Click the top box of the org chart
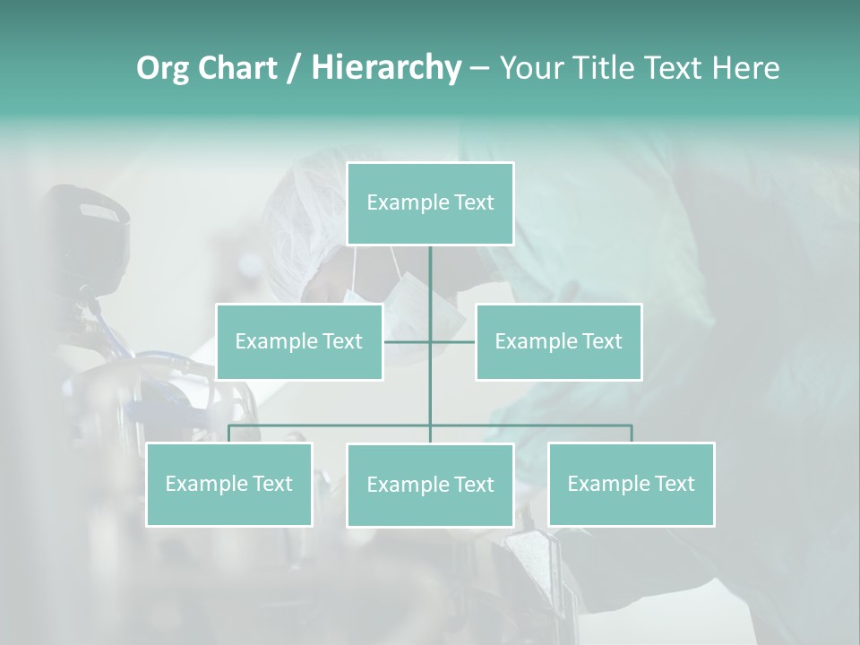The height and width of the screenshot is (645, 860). [x=430, y=203]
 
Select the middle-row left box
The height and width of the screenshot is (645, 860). [x=299, y=341]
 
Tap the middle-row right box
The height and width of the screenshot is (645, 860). [x=558, y=341]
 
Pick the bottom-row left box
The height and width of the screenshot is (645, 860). [x=229, y=484]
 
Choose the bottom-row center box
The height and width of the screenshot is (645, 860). [x=430, y=485]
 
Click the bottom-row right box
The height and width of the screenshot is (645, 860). [x=631, y=484]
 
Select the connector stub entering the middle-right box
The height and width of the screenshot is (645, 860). [x=453, y=341]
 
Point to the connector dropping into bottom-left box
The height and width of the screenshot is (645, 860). [x=229, y=434]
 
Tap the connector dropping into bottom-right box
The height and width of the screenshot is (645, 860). [x=631, y=434]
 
